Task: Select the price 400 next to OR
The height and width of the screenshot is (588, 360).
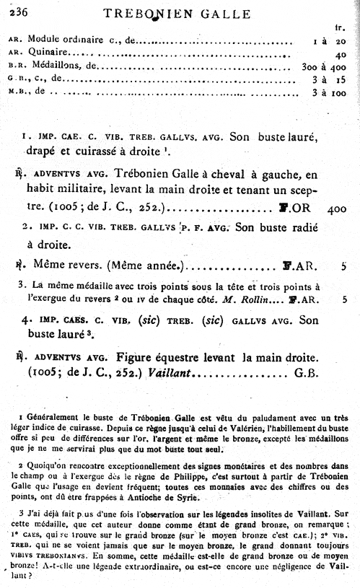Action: (x=337, y=209)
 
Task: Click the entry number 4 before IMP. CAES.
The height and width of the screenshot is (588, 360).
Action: (x=25, y=318)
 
